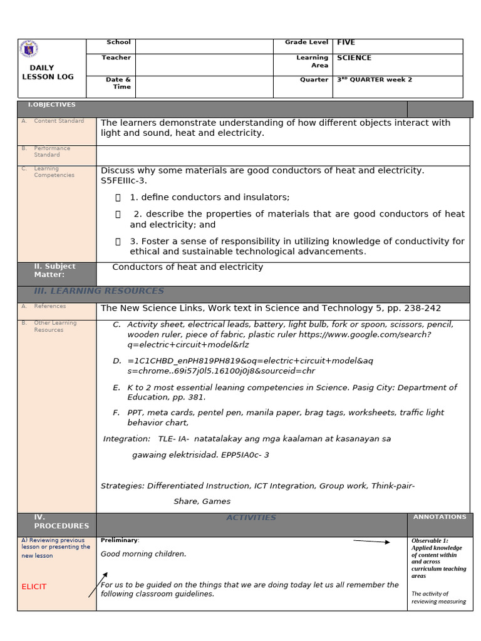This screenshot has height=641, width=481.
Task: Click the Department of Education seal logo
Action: [29, 49]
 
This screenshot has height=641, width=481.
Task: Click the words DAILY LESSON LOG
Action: [47, 72]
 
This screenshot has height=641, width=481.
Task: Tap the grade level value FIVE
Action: [346, 43]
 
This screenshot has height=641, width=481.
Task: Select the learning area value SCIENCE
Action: [354, 58]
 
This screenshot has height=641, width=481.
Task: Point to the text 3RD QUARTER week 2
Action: [374, 80]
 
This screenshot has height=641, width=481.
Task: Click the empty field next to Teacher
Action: [204, 64]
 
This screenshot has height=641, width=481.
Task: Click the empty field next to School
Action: [204, 46]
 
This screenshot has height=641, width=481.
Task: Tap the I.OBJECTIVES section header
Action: [51, 105]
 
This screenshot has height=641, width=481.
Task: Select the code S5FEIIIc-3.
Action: [123, 181]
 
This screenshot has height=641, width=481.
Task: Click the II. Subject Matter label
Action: [54, 270]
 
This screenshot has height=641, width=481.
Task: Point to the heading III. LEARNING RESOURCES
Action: [99, 291]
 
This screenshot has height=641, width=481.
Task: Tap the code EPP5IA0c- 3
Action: [245, 455]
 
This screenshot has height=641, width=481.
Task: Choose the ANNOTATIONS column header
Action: [439, 517]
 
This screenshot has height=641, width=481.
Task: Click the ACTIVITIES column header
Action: [251, 518]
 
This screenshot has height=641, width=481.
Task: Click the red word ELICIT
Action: [34, 587]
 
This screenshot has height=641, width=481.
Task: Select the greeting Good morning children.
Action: [143, 554]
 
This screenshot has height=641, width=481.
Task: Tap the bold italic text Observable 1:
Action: [430, 541]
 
